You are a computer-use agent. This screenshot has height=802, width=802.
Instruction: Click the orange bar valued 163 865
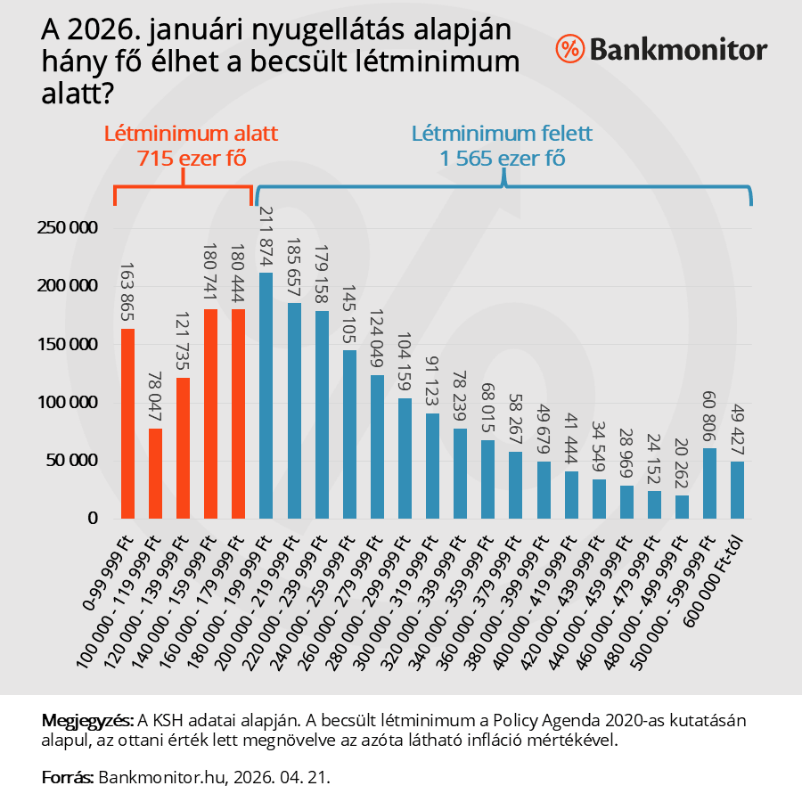(x=128, y=423)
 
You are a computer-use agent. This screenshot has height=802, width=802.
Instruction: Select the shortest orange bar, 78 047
(x=156, y=473)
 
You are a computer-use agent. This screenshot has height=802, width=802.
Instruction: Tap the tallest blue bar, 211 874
(x=266, y=396)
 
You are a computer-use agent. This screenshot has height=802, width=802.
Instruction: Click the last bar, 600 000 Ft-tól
(x=737, y=489)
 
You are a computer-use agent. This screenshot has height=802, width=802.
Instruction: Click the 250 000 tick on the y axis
(x=67, y=228)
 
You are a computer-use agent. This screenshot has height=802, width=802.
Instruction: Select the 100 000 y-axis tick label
(x=67, y=403)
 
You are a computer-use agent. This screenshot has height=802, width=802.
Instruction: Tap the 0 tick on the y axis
(x=92, y=519)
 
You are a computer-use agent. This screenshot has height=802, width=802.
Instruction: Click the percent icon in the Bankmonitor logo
(x=569, y=49)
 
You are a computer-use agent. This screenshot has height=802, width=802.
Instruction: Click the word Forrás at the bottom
(x=68, y=777)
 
